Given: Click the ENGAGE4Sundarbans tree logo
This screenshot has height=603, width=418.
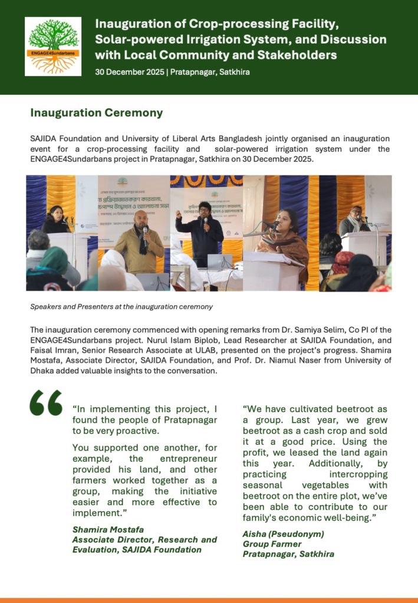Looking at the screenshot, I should click(53, 46).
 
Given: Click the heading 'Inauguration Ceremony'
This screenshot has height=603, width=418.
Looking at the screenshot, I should click(96, 112).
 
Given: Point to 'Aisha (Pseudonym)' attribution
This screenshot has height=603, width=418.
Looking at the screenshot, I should click(283, 534).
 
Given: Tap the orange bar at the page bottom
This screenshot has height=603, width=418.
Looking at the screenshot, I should click(209, 600).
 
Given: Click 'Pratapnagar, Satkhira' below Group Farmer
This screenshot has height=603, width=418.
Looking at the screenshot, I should click(288, 554).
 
